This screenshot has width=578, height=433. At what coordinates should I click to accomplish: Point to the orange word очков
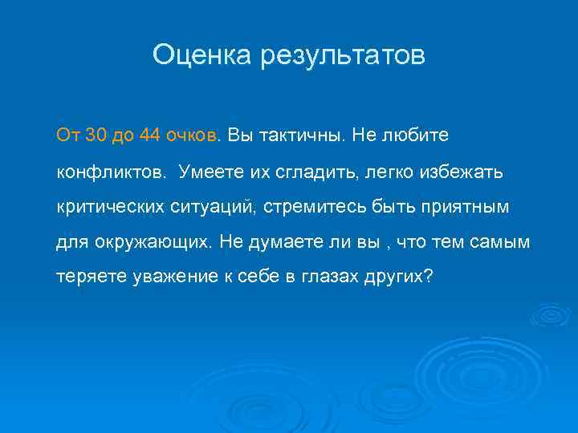click(192, 135)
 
